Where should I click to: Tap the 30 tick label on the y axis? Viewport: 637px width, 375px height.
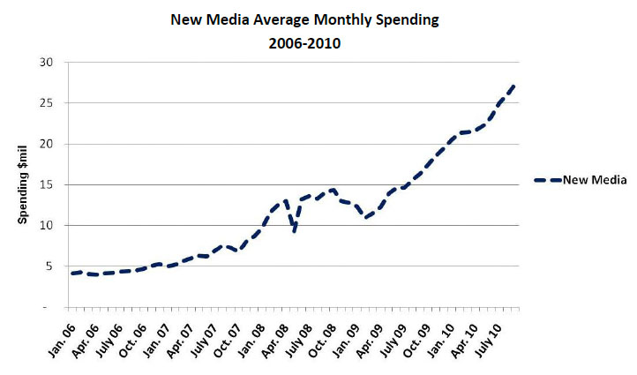(x=46, y=63)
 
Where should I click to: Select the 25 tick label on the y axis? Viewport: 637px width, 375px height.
(x=46, y=103)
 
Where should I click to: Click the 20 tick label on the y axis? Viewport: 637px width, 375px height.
(x=46, y=144)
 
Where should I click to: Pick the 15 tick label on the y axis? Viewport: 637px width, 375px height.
(x=46, y=184)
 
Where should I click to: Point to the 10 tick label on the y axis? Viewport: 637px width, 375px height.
(x=46, y=225)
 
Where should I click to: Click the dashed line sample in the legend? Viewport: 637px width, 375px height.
(x=551, y=180)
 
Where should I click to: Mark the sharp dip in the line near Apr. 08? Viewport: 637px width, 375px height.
(x=294, y=231)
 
